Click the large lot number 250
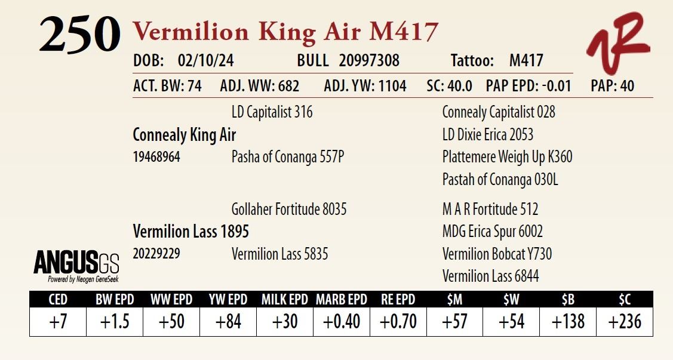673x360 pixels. [x=80, y=35]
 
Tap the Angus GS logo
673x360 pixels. [x=76, y=265]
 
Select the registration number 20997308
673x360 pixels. [x=369, y=61]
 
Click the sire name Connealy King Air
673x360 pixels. [x=184, y=135]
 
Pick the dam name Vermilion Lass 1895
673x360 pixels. [x=190, y=231]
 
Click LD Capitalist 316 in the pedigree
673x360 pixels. [x=272, y=112]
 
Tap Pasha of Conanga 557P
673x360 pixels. [x=287, y=157]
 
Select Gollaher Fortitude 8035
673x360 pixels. [x=288, y=209]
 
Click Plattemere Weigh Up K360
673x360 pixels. [x=507, y=157]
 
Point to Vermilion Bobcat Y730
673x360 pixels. [x=497, y=254]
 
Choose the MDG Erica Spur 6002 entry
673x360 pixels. [x=492, y=231]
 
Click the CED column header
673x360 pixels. [x=57, y=300]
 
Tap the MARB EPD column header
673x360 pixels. [x=342, y=300]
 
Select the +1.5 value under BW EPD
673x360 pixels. [x=114, y=322]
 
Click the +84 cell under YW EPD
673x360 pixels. [x=228, y=322]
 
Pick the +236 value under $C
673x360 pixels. [x=625, y=322]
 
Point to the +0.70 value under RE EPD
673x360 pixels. [x=398, y=322]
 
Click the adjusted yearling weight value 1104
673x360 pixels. [x=391, y=86]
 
